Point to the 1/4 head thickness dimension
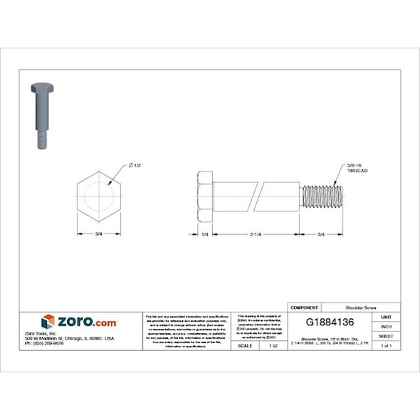[204, 234]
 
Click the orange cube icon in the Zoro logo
[48, 321]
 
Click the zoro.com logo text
[87, 322]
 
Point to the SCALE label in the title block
[245, 345]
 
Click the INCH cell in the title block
[386, 326]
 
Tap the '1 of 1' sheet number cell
[386, 345]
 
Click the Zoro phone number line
[44, 343]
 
